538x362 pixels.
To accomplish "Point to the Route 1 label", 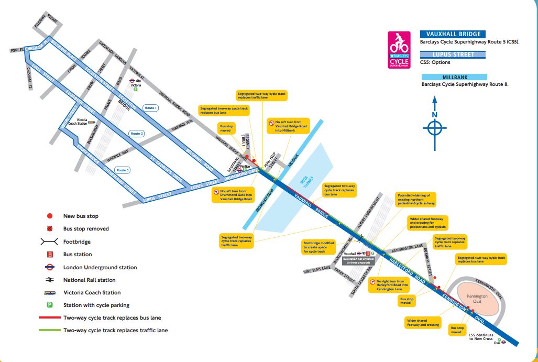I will point(151,107).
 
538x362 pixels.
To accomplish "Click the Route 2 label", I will point(137,134).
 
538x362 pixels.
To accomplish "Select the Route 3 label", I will point(123,170).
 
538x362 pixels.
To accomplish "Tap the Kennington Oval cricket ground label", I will point(477,299).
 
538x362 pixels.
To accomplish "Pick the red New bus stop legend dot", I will point(49,216).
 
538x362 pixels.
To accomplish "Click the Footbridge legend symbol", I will point(49,242).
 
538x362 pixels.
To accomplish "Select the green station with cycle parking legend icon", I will point(49,305).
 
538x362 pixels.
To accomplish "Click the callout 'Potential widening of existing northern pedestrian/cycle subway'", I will point(416,199).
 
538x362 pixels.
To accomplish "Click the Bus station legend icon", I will point(49,255).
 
